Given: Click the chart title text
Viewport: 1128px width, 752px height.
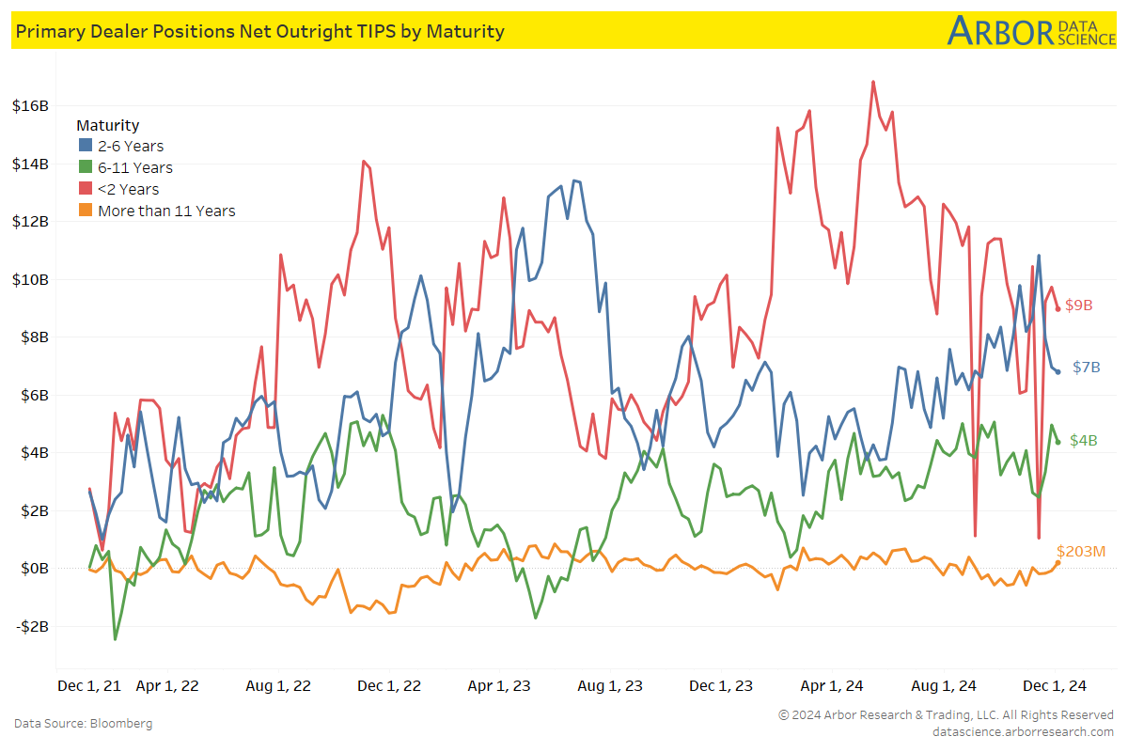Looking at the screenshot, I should click(258, 31).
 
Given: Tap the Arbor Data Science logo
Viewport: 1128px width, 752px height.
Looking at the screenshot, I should click(1030, 30).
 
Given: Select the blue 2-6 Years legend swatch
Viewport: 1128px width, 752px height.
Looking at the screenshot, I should click(85, 146).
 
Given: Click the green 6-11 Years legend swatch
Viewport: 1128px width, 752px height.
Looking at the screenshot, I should click(85, 167).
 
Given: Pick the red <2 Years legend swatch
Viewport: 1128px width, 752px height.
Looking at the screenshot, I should click(85, 189).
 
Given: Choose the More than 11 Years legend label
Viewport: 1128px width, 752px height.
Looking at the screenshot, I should click(166, 211).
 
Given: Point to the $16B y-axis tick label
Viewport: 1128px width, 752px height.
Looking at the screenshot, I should click(30, 105).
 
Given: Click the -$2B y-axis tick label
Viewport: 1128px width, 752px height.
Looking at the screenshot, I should click(30, 626).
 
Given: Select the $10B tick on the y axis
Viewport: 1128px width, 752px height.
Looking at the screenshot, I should click(30, 279).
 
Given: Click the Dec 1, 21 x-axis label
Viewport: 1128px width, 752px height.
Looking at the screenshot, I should click(89, 686).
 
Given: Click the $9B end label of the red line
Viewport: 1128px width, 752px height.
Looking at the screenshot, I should click(1078, 305).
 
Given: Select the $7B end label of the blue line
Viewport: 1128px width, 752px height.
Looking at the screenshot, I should click(1086, 368).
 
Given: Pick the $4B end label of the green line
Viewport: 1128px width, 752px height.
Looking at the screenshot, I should click(1084, 440).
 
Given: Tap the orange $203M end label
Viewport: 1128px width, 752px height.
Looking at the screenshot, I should click(1082, 551).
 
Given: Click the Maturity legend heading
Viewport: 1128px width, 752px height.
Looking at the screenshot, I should click(107, 125).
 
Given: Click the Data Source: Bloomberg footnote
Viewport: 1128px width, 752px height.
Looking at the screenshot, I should click(84, 723).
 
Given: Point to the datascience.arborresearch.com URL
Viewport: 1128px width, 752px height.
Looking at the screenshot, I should click(1023, 731).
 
